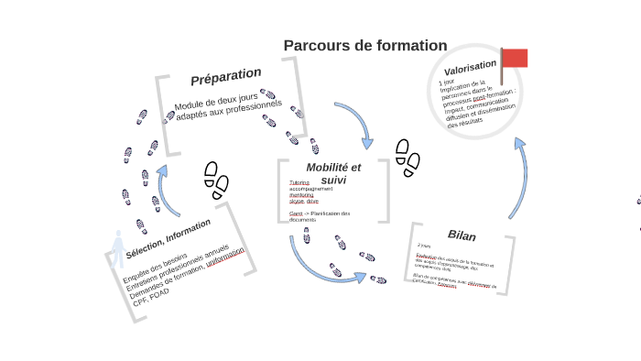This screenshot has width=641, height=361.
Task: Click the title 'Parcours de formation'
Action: tap(365, 46)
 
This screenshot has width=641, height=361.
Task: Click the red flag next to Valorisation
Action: tap(515, 58)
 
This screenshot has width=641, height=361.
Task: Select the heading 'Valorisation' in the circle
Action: tap(470, 67)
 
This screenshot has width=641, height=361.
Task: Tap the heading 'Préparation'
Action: tap(226, 76)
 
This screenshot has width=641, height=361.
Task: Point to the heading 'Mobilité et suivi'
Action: tap(333, 173)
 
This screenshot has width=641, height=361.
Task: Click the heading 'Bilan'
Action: tap(462, 235)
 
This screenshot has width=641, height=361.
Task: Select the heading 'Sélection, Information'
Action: tap(168, 238)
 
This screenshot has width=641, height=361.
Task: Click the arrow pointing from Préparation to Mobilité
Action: tap(355, 124)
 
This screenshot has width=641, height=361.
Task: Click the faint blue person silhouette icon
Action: tap(117, 248)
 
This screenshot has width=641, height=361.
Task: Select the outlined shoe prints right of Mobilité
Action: tap(407, 159)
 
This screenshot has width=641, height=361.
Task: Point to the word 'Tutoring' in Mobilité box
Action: tap(299, 182)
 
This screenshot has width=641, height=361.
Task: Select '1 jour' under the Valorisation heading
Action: tap(447, 82)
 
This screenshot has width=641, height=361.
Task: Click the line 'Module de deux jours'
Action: tap(216, 100)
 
